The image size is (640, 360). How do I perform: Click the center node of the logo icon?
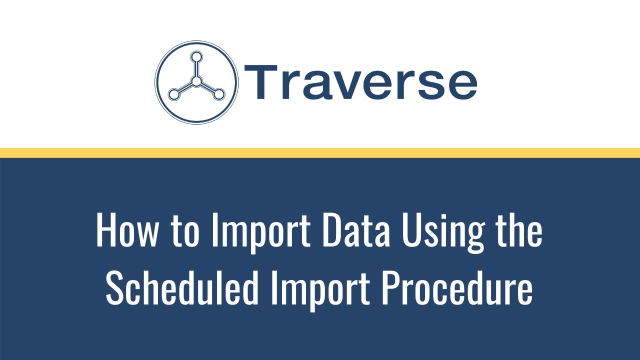[x=196, y=81]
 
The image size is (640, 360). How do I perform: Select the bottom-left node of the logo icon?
[x=173, y=93]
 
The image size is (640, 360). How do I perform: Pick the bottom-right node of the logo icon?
[x=219, y=93]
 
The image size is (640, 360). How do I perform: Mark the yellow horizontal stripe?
[x=320, y=153]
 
